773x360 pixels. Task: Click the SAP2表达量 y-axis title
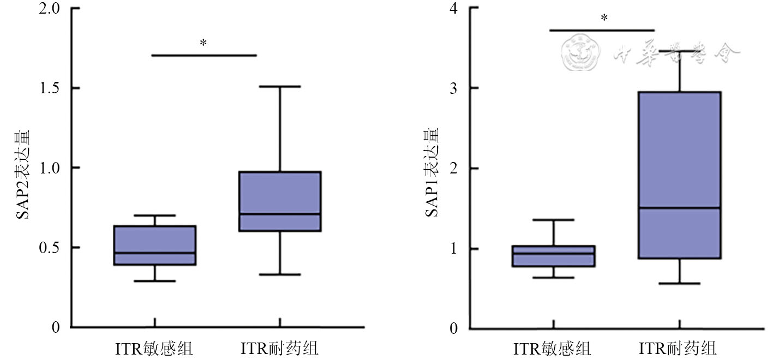click(x=23, y=173)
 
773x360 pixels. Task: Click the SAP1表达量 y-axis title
click(x=432, y=172)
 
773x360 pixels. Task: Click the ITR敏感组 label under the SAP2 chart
click(x=154, y=348)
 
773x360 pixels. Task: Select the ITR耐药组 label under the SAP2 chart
click(x=279, y=348)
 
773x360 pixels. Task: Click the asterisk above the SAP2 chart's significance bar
click(x=203, y=43)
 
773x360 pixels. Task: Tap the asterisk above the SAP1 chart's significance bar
click(x=604, y=19)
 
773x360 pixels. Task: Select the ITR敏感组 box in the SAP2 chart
click(x=155, y=245)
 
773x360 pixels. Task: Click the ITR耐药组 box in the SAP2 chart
click(x=280, y=201)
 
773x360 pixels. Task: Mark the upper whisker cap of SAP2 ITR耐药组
click(x=280, y=86)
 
